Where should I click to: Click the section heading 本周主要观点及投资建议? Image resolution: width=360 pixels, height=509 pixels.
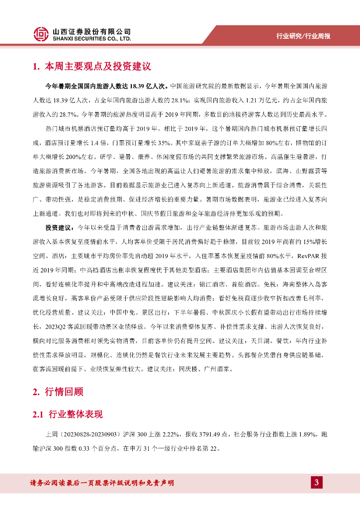[97, 66]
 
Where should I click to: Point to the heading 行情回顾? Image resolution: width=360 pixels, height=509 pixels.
[62, 392]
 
